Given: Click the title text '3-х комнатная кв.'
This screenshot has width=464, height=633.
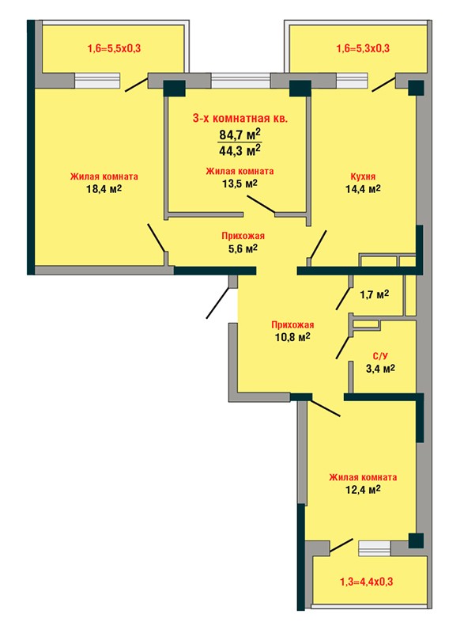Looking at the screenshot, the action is coord(240,119).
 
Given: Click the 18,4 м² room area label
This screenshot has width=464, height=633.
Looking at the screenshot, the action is coord(104,188).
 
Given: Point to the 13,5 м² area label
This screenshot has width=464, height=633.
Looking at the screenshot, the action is coord(240,184).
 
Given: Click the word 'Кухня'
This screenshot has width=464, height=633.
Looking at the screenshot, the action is coord(363,176).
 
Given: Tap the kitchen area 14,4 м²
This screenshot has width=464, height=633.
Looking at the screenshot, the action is coord(363,188).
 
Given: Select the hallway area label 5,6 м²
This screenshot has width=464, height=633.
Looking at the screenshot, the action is coord(243,248).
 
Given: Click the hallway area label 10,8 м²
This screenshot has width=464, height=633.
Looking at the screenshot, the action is coord(292,337).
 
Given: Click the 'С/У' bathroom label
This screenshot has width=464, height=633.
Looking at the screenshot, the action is coord(379,356).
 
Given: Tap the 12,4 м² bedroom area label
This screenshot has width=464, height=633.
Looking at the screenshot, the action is coord(363,490).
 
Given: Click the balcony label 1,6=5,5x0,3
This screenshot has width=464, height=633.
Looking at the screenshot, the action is coord(114,49).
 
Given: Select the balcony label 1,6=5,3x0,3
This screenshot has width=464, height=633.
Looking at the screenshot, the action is coord(363,48).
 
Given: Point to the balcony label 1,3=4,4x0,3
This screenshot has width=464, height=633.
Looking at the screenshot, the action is coord(367,582).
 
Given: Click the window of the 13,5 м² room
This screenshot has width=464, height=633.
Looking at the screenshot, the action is coord(240,81).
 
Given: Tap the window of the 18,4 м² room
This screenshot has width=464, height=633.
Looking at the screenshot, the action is coord(97,81).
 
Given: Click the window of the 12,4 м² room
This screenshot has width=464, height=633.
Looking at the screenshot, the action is coord(375,548).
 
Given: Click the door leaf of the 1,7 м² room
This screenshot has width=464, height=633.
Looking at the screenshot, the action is coord(342,299).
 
